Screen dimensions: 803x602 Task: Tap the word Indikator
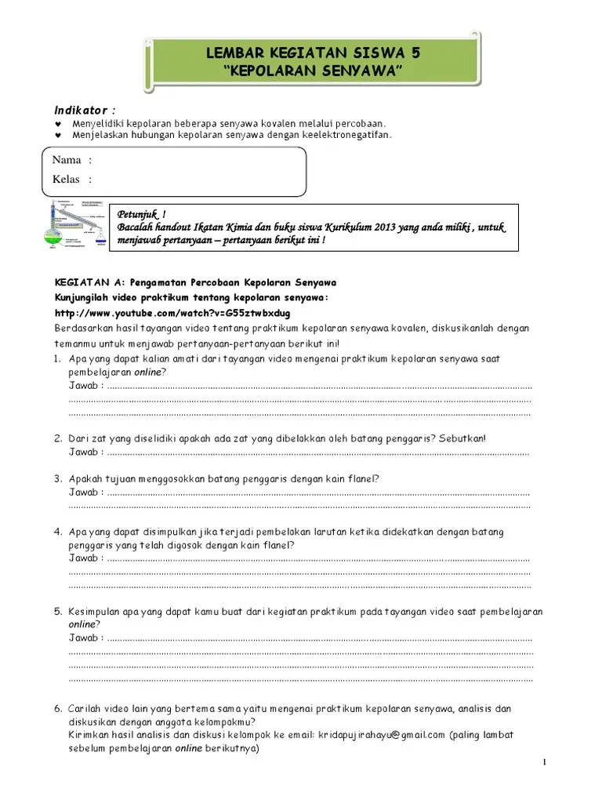pos(84,107)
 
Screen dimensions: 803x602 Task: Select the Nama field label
pos(67,160)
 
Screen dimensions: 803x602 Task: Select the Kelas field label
pos(67,180)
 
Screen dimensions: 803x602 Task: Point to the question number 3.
pos(58,478)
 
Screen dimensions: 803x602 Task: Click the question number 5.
pos(58,612)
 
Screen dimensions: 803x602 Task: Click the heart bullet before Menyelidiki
pos(58,124)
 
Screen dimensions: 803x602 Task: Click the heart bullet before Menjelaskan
pos(58,135)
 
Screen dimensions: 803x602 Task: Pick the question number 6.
pos(58,709)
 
